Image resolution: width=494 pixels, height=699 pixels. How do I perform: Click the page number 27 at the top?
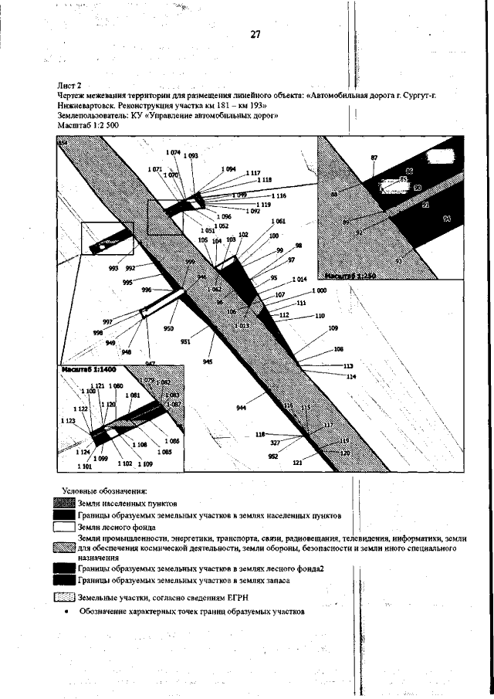point(255,34)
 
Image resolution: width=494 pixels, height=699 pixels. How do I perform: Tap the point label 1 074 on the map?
point(172,153)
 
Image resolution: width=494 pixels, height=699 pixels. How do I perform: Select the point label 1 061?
point(278,222)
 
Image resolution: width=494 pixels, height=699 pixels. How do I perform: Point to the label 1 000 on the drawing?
point(318,290)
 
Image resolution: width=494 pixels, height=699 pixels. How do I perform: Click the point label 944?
point(242,407)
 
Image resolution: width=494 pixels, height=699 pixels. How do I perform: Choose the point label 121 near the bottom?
point(297,463)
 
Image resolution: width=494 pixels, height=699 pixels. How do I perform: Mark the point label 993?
point(113,269)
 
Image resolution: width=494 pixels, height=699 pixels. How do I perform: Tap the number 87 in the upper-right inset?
point(374,158)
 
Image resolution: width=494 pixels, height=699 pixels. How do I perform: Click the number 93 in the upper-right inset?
point(398,261)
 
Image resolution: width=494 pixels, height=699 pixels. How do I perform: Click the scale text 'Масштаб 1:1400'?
point(84,372)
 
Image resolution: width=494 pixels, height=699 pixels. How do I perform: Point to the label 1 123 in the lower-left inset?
point(66,421)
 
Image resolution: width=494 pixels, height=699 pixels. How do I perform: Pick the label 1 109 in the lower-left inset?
point(144,464)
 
